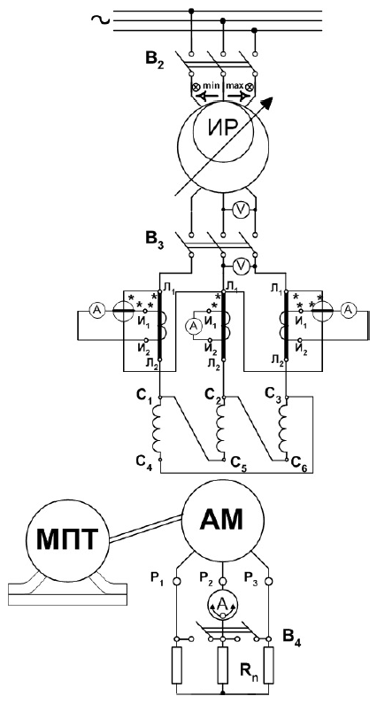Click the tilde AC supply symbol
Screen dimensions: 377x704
[98, 19]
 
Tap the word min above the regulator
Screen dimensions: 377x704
[210, 85]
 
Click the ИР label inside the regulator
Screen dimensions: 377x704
[223, 130]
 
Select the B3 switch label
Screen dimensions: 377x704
[158, 239]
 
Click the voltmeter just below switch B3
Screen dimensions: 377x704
[242, 267]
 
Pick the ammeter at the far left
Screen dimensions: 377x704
[96, 310]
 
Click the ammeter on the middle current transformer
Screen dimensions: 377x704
[195, 328]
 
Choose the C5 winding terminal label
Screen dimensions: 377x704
[239, 461]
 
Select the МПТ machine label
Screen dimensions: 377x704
[66, 538]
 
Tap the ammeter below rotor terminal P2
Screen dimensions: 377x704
[222, 606]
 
